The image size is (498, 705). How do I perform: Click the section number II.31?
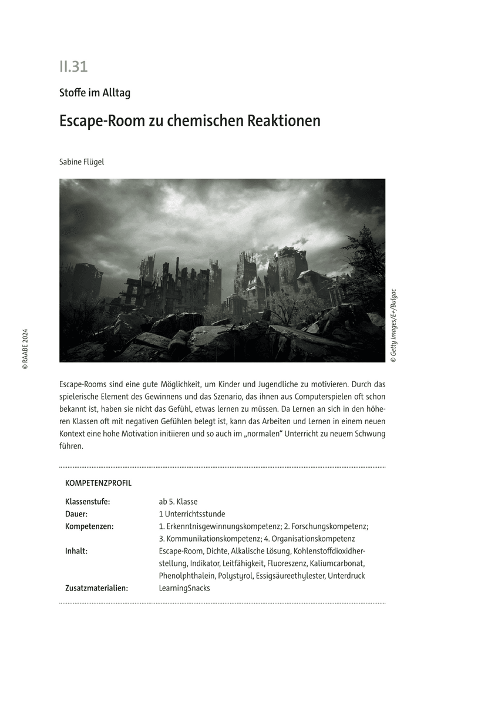point(73,67)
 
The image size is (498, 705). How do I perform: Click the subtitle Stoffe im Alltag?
point(95,93)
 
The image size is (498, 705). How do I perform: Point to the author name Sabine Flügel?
point(82,162)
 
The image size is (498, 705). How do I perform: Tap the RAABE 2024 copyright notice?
point(25,348)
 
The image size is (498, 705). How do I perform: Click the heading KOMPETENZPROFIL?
point(98,484)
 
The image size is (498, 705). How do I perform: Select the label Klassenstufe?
point(88,502)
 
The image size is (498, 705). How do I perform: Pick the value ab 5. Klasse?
point(178,502)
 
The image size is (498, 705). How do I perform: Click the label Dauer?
point(76,514)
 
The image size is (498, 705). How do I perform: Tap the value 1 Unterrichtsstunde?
point(192,514)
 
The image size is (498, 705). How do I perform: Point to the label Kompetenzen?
point(89,526)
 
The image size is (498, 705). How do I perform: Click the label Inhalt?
point(76,551)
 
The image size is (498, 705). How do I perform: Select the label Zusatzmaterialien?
point(96,588)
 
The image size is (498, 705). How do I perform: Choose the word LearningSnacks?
point(184,588)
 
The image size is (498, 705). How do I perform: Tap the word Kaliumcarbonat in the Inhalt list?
point(337,563)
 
